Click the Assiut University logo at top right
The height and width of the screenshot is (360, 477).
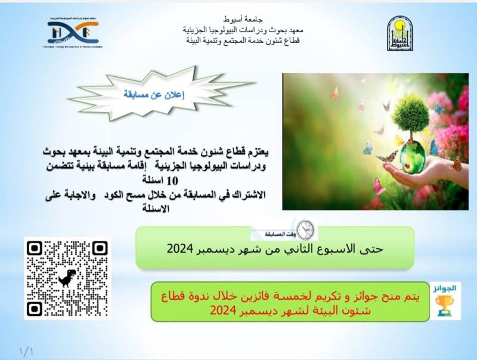coord(398,33)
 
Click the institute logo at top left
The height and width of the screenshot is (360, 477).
coord(73,33)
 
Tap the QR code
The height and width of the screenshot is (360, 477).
coord(67,278)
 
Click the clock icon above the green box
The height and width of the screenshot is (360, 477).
coord(305,229)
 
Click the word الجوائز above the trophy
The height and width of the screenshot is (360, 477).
coord(444,288)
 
